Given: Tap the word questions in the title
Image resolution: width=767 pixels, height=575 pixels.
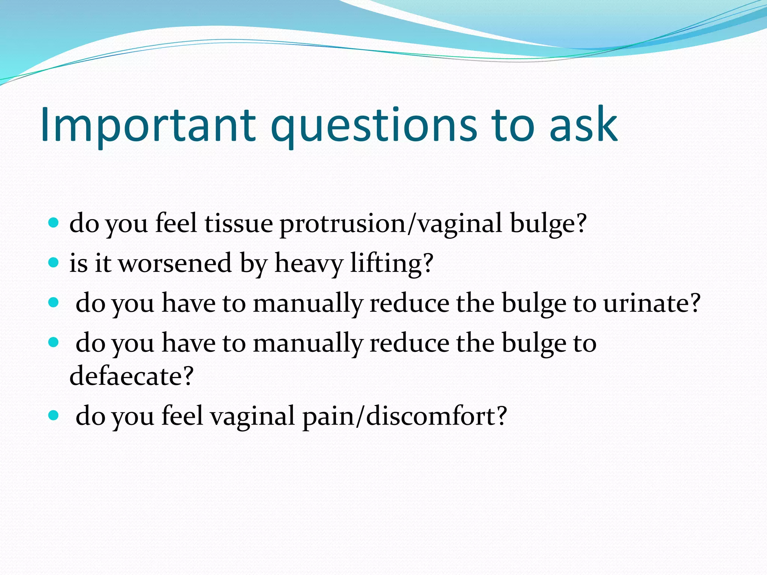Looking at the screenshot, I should pyautogui.click(x=373, y=125).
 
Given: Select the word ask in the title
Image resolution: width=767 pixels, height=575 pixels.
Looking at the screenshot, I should pyautogui.click(x=583, y=125).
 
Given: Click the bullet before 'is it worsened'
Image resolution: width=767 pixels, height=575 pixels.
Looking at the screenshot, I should pyautogui.click(x=54, y=262).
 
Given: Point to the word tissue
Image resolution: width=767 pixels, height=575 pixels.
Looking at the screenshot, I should pyautogui.click(x=239, y=223).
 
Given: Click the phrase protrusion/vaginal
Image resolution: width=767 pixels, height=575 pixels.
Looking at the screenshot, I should pyautogui.click(x=391, y=223).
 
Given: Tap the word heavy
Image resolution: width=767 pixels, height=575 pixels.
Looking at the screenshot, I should pyautogui.click(x=309, y=263).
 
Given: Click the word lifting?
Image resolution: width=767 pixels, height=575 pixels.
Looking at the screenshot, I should pyautogui.click(x=392, y=263).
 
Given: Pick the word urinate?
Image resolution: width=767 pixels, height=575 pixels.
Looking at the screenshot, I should pyautogui.click(x=652, y=303).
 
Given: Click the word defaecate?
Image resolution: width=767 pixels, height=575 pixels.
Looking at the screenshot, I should pyautogui.click(x=131, y=375).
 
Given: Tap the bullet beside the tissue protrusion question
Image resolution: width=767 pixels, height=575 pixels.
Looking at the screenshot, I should pyautogui.click(x=54, y=223).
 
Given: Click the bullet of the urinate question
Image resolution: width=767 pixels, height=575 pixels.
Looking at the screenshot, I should pyautogui.click(x=54, y=302).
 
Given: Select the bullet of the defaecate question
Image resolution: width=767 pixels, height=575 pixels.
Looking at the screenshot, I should pyautogui.click(x=54, y=342).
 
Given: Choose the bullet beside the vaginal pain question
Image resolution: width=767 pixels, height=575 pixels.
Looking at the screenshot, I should pyautogui.click(x=54, y=415).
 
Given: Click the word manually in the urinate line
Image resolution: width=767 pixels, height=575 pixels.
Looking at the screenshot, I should pyautogui.click(x=308, y=303).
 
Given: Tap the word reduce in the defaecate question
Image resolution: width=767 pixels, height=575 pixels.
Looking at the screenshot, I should pyautogui.click(x=409, y=343).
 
